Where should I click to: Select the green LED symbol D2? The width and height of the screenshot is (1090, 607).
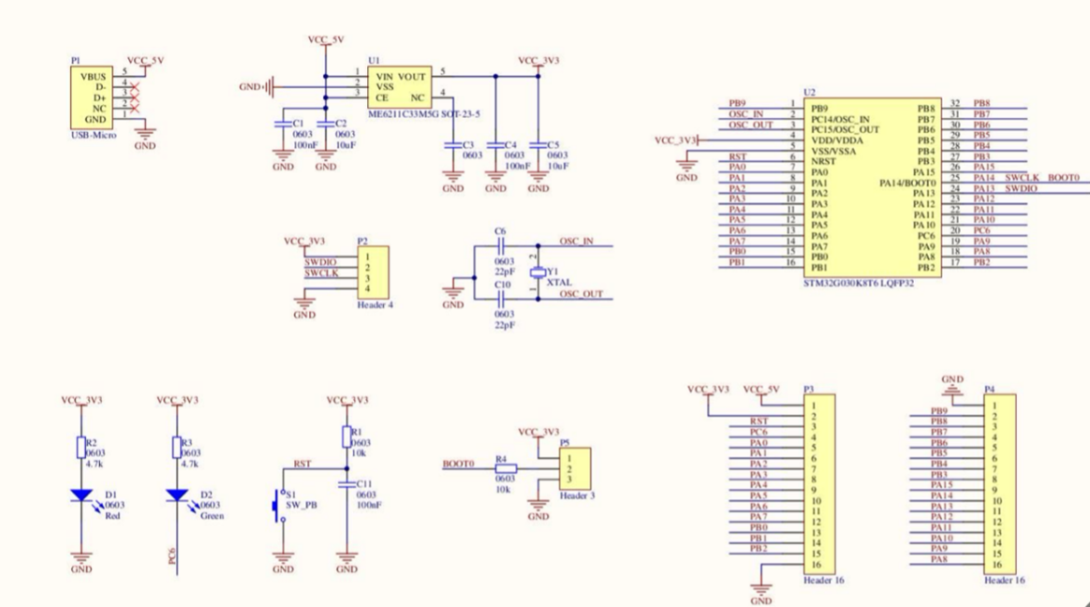[175, 495]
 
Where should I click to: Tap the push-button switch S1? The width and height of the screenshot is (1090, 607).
[278, 504]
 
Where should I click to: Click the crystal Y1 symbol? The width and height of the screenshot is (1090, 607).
[537, 272]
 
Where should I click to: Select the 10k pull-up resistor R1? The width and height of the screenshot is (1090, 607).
[346, 436]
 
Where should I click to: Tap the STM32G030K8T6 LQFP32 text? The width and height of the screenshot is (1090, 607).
[858, 282]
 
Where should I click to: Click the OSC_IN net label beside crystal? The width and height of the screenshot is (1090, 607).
[576, 241]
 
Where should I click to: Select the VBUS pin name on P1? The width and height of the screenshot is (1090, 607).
[93, 76]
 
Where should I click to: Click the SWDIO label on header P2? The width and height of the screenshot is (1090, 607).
[321, 262]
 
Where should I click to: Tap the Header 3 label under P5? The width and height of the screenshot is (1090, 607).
[577, 495]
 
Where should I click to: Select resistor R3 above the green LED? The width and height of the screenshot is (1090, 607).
[175, 448]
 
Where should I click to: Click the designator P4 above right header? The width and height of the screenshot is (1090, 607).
[989, 388]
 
